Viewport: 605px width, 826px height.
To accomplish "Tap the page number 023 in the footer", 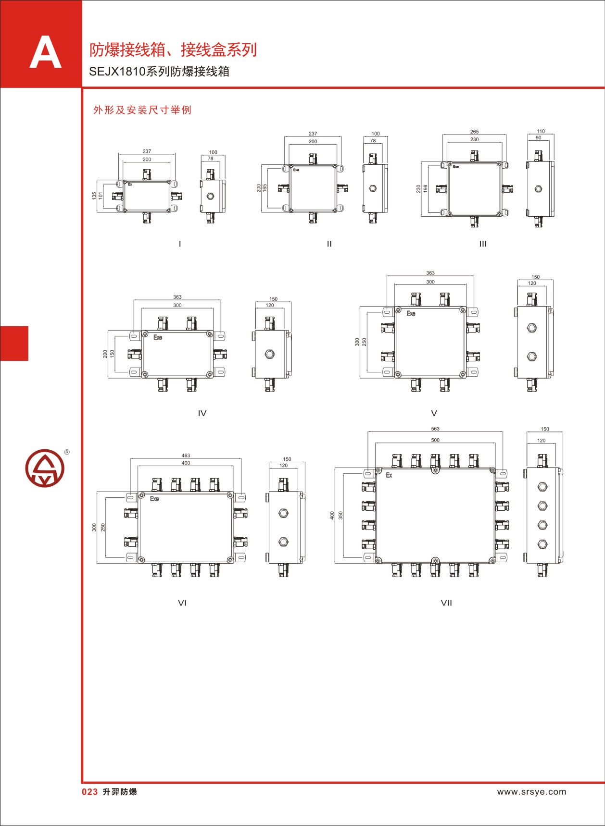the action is coord(90,792).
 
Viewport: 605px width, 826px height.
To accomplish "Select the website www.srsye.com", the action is coord(531,791).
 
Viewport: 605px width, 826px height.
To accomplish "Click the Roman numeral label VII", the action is coord(446,603).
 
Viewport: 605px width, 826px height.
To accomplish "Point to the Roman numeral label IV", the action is coord(202,413).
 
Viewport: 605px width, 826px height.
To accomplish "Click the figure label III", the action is coord(483,244).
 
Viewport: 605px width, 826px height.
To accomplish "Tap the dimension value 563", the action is coord(435,429).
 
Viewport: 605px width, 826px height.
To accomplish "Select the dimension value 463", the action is coord(186,455).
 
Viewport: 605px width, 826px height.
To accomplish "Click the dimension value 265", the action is coord(474,132).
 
